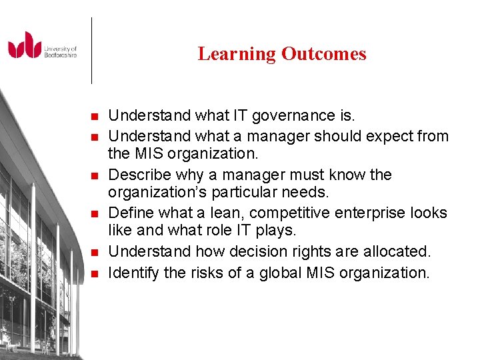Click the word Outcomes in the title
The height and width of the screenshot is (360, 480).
pyautogui.click(x=323, y=54)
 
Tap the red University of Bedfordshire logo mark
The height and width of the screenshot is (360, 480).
pyautogui.click(x=25, y=45)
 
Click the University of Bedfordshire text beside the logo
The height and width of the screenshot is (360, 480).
pyautogui.click(x=61, y=52)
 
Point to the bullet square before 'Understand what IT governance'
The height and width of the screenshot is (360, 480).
pyautogui.click(x=94, y=117)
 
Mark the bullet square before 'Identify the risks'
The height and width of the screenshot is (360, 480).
pyautogui.click(x=94, y=273)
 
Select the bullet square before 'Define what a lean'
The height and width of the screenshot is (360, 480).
pyautogui.click(x=94, y=214)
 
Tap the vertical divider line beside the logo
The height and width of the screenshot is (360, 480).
pyautogui.click(x=91, y=50)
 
